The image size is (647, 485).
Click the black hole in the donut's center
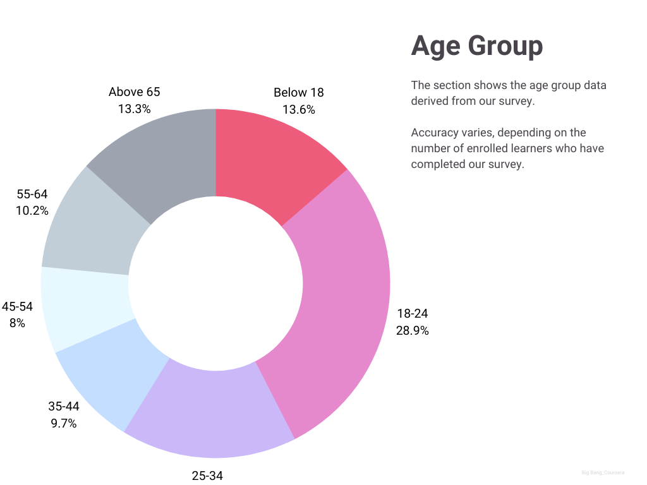[215, 284]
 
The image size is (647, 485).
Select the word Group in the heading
[505, 46]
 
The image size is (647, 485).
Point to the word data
[595, 85]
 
